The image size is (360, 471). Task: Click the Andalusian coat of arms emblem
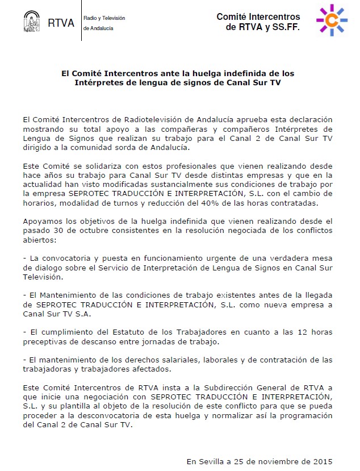click(31, 22)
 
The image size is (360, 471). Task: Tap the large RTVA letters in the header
click(61, 23)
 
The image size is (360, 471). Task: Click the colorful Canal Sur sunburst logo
click(331, 20)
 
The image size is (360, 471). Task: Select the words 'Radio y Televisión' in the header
click(104, 18)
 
